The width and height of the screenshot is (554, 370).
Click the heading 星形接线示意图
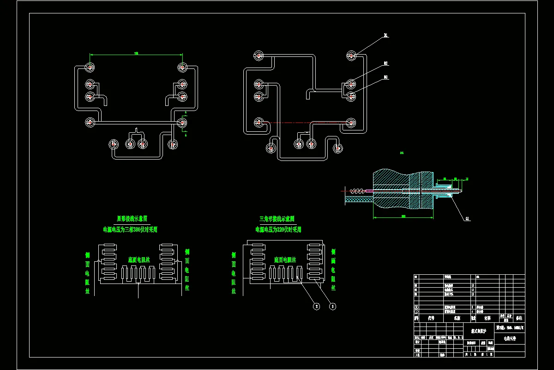point(132,218)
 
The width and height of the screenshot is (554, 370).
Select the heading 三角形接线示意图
point(277,218)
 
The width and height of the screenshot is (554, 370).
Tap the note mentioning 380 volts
point(130,229)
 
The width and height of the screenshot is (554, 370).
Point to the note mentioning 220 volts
point(278,229)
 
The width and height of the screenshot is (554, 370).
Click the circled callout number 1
point(332,306)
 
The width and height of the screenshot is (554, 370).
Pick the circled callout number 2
point(316,306)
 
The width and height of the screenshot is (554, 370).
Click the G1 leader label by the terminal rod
point(468,218)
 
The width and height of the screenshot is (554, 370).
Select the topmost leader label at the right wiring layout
point(385,35)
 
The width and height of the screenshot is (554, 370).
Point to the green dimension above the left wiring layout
point(136,54)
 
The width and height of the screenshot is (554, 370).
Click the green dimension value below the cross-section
point(403,216)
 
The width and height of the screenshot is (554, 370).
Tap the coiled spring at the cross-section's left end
point(356,191)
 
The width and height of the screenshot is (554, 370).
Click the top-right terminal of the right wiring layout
point(352,56)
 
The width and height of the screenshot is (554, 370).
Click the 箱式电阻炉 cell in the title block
point(479,331)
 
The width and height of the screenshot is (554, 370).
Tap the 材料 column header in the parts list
point(487,318)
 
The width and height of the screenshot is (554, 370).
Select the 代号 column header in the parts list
point(431,318)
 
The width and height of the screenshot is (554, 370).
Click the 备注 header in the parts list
point(518,318)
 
